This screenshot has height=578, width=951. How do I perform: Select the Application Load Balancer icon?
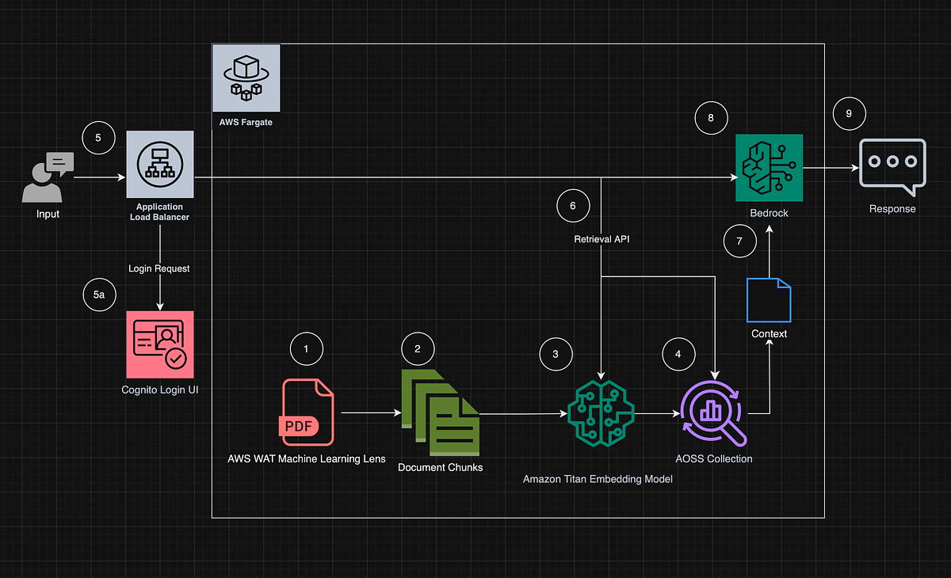(x=160, y=164)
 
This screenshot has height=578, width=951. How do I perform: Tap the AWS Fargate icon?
(x=246, y=78)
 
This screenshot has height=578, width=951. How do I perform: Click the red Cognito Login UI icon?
(x=160, y=343)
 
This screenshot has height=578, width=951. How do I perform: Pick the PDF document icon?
(x=308, y=412)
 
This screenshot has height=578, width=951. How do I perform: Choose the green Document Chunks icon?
(x=441, y=413)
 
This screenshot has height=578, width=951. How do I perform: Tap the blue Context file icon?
(x=769, y=301)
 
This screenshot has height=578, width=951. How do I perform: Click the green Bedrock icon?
(x=769, y=167)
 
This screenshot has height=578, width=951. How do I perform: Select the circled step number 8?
(x=711, y=118)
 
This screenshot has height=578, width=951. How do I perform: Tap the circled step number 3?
(x=556, y=354)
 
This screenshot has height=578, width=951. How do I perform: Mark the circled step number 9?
(x=850, y=114)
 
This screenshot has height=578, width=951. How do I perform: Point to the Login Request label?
(x=159, y=268)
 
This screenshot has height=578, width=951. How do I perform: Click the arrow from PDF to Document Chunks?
(x=370, y=413)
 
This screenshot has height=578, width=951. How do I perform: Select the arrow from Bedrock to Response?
(x=831, y=168)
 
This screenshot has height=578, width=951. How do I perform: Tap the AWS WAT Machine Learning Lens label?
(x=307, y=458)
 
